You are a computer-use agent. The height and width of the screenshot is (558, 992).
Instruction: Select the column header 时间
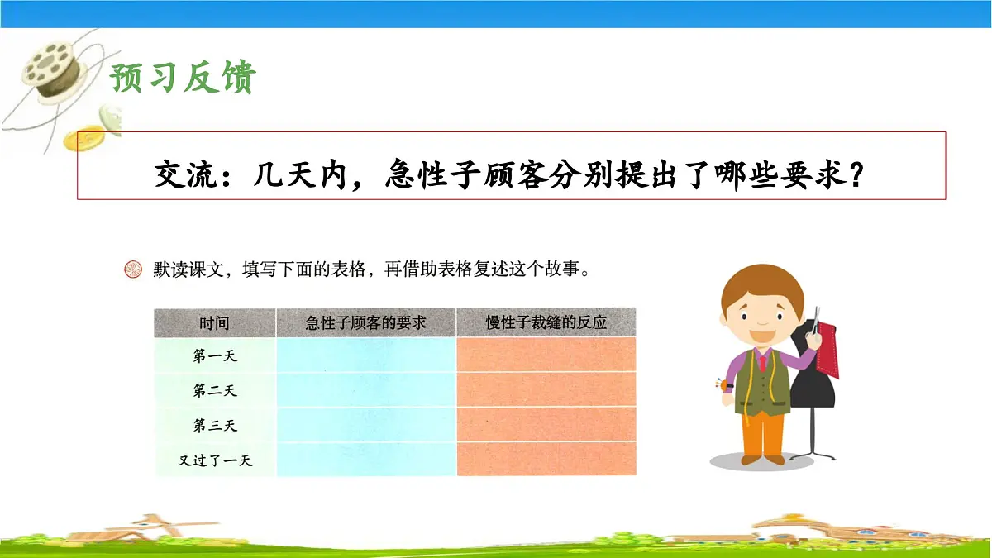click(x=214, y=322)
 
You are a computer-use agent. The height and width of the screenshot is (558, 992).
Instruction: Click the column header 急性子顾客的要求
click(x=365, y=322)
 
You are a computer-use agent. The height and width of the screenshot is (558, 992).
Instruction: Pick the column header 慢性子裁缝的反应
click(x=546, y=322)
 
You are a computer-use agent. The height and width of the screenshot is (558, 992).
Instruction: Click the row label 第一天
click(x=214, y=355)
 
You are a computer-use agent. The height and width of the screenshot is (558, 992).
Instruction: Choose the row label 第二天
click(x=214, y=390)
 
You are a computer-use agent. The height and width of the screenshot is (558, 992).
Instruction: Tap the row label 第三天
click(x=214, y=425)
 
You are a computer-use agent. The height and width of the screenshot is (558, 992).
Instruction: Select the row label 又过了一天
click(x=214, y=460)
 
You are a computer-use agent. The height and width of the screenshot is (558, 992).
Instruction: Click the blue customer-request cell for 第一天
click(x=365, y=355)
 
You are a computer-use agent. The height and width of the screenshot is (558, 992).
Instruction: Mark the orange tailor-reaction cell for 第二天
click(x=546, y=390)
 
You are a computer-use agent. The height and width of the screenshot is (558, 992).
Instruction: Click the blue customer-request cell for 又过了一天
click(x=365, y=460)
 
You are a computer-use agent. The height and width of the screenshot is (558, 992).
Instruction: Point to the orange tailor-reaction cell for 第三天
click(x=546, y=425)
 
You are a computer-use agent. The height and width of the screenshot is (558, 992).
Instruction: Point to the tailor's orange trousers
click(x=761, y=434)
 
